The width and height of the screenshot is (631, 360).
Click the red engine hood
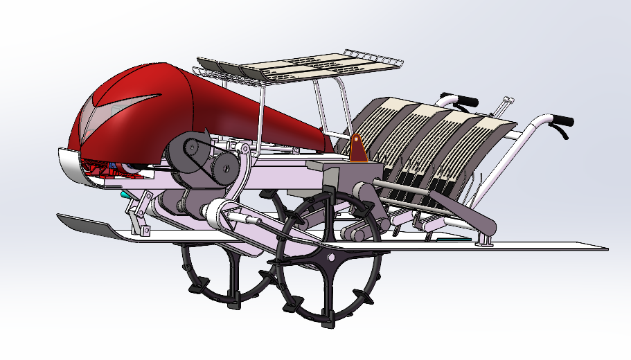click(x=208, y=104)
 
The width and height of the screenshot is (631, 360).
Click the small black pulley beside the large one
click(x=223, y=166)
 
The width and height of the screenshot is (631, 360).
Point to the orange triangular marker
click(x=357, y=148)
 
